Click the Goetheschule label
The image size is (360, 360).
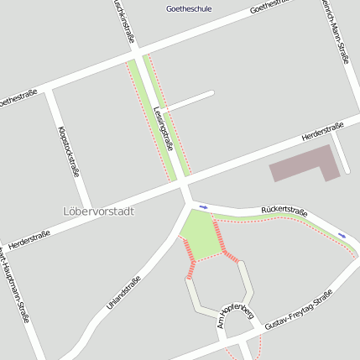(189, 9)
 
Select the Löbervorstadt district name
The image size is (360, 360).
(98, 211)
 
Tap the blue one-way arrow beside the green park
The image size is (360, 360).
(203, 206)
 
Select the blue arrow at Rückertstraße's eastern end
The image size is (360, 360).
(342, 235)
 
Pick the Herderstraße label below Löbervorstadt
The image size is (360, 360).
(34, 237)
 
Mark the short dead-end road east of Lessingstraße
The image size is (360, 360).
(191, 100)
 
